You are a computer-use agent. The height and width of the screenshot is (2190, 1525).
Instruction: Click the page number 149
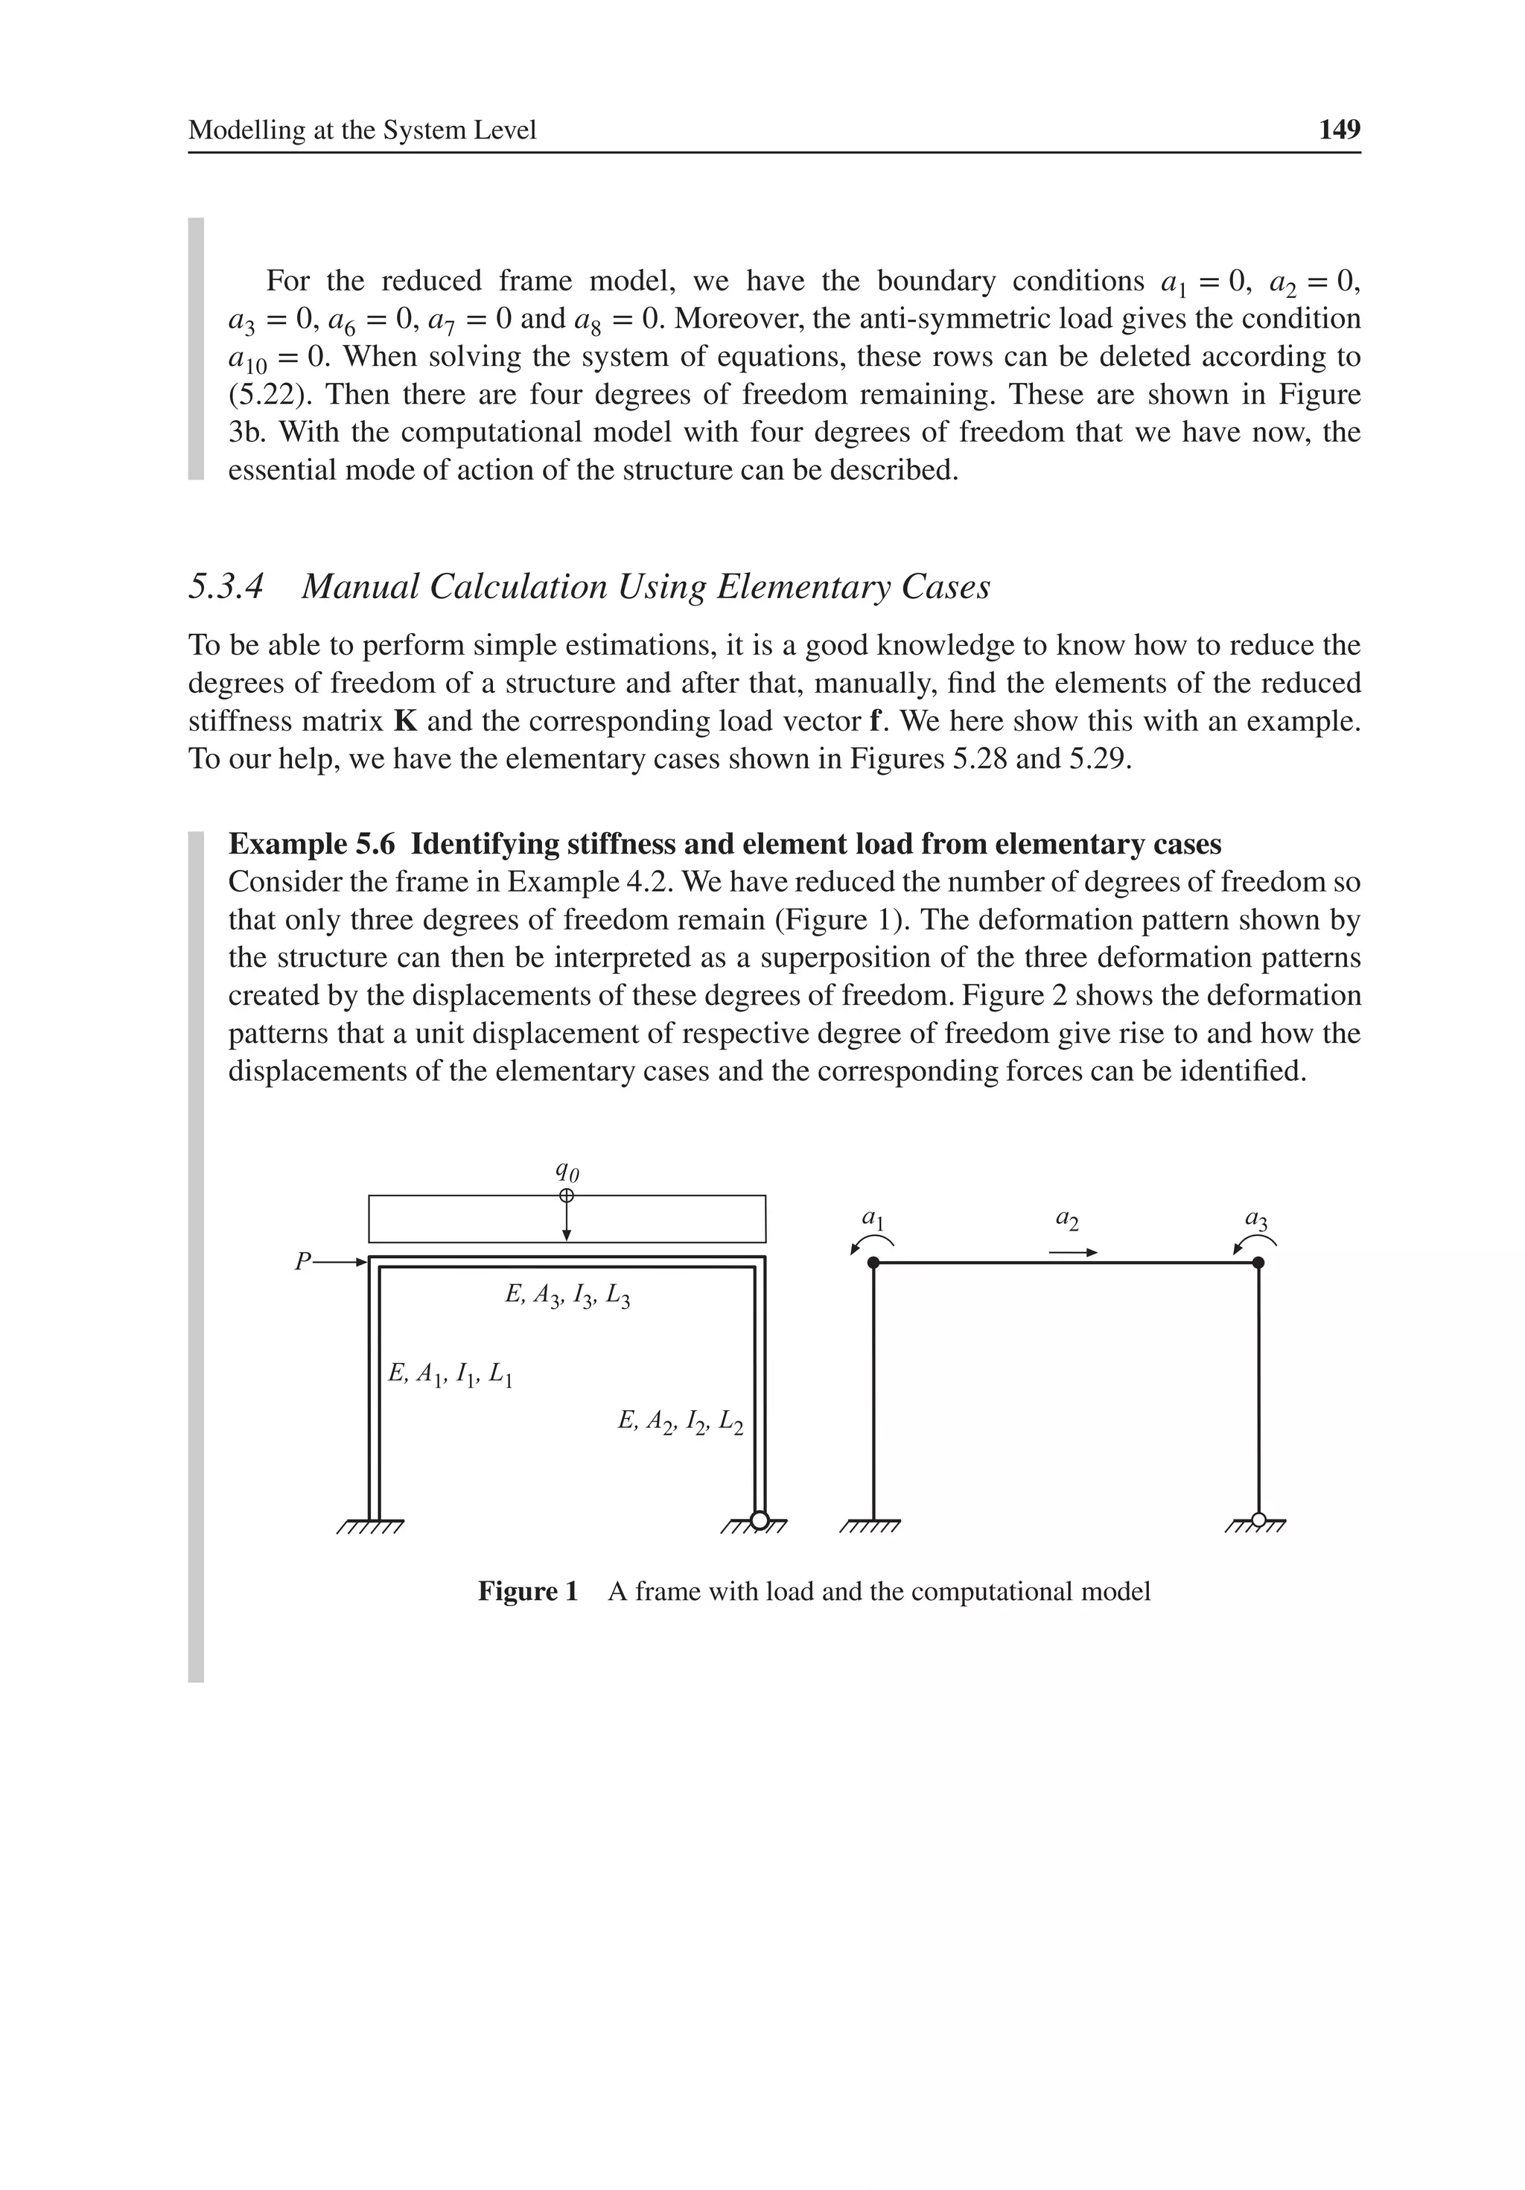coord(1338,130)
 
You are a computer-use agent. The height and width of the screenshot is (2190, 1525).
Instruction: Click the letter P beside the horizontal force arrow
coord(302,1262)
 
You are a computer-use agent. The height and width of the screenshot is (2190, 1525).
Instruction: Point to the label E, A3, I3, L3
coord(567,1295)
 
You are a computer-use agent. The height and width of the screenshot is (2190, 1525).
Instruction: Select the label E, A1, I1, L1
coord(451,1374)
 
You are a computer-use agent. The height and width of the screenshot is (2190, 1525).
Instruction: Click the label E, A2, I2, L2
coord(679,1422)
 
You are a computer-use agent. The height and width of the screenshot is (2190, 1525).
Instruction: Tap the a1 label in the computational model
coord(873,1218)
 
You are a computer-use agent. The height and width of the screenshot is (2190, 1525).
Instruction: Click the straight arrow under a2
coord(1073,1252)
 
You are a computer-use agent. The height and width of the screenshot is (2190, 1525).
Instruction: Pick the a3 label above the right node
coord(1256,1218)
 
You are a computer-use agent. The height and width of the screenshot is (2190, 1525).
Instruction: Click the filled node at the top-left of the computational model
coord(873,1263)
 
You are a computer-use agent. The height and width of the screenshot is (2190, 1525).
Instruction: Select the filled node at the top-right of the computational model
coord(1258,1263)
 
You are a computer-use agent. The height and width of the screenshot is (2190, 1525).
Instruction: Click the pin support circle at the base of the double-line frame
coord(760,1520)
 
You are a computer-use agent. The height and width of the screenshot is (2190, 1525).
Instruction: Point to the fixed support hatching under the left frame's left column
coord(371,1527)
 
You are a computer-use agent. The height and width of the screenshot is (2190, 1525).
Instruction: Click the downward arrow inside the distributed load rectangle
coord(567,1222)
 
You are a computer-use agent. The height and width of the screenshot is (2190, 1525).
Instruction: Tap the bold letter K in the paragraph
coord(405,721)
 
